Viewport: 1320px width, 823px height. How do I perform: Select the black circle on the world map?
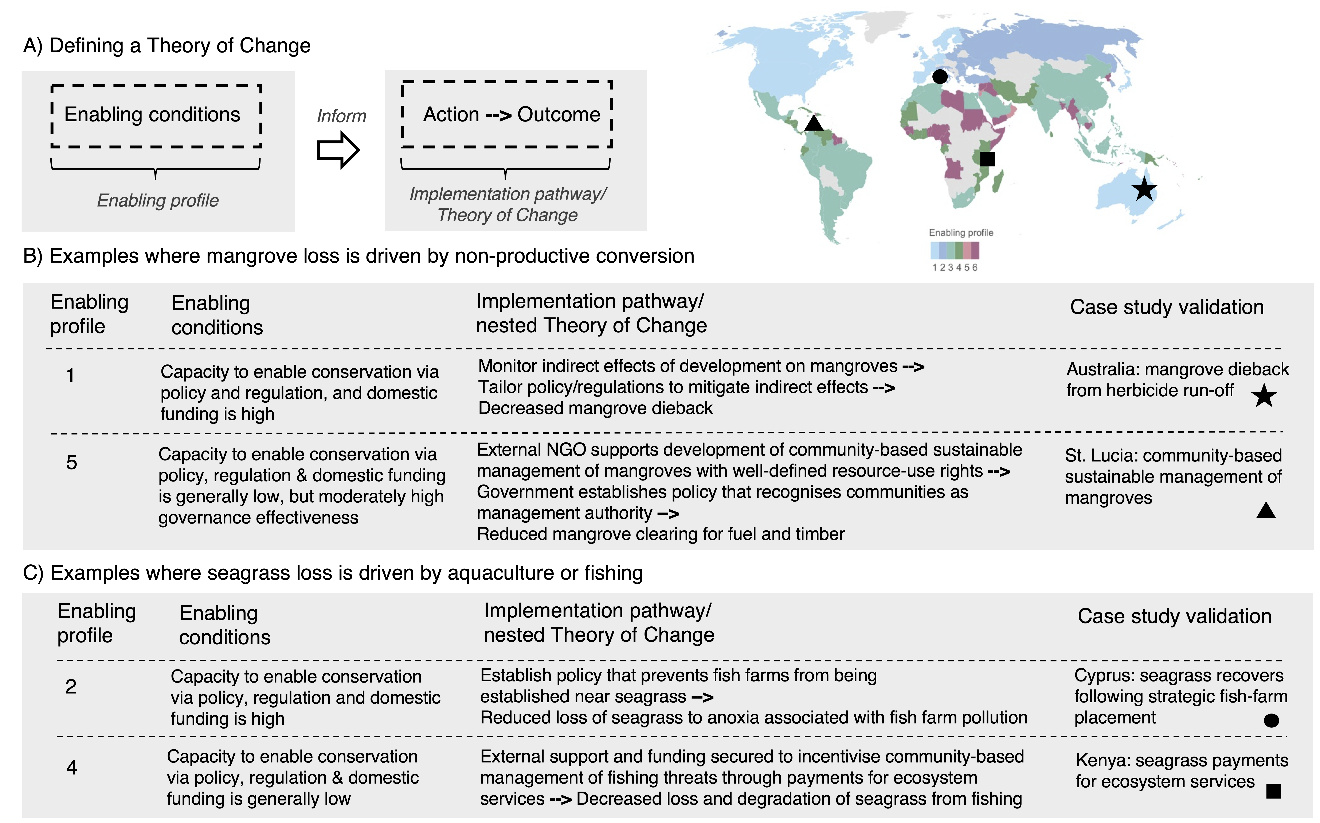pyautogui.click(x=939, y=76)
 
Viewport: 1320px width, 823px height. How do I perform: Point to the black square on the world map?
pyautogui.click(x=987, y=159)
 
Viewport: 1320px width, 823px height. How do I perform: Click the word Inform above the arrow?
pyautogui.click(x=342, y=116)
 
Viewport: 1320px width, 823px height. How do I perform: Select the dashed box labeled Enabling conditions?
pyautogui.click(x=156, y=115)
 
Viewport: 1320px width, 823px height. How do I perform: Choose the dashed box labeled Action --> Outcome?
pyautogui.click(x=507, y=114)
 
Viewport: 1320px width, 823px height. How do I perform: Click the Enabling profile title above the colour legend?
pyautogui.click(x=961, y=232)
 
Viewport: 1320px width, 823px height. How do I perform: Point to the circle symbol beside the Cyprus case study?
pyautogui.click(x=1271, y=720)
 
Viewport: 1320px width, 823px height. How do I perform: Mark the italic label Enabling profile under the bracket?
pyautogui.click(x=158, y=200)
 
